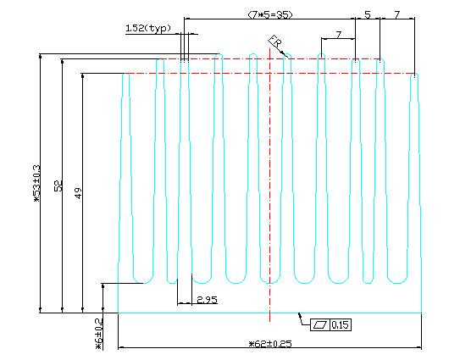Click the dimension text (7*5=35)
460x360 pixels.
(270, 14)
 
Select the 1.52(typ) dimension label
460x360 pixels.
(148, 29)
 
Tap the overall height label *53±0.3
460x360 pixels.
(36, 184)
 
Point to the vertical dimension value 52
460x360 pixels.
(58, 186)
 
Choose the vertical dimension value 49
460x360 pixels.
(78, 193)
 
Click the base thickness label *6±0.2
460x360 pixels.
(99, 334)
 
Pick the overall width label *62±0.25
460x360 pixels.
(270, 344)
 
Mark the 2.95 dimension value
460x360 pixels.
(207, 300)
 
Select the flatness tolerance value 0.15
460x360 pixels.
(341, 324)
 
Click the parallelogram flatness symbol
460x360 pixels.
(320, 324)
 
